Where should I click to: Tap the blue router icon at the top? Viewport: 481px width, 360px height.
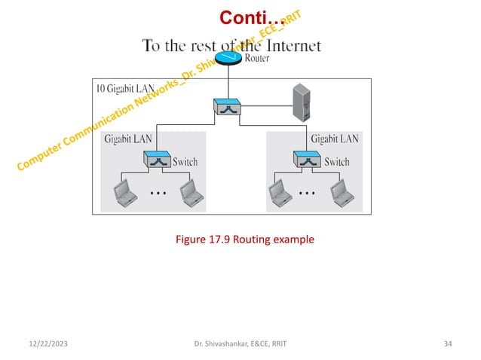point(227,58)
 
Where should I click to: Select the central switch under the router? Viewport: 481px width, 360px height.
point(227,107)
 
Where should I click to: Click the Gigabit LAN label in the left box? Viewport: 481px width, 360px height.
point(128,139)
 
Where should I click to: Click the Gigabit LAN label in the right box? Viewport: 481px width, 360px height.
point(334,139)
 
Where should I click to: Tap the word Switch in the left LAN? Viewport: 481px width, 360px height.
point(185,161)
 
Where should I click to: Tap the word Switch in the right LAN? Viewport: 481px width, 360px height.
point(336,161)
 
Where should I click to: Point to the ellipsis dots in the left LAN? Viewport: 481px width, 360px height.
point(158,194)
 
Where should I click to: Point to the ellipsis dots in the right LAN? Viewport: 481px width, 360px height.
point(306,194)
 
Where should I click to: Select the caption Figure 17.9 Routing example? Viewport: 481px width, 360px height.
point(244,239)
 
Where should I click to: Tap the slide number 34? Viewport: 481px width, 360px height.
point(448,344)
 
